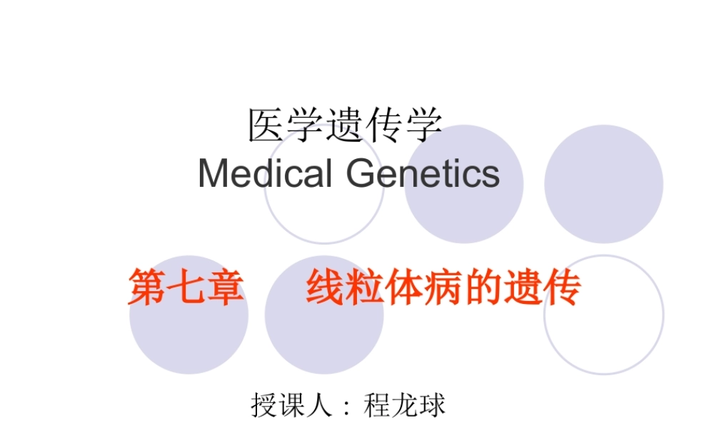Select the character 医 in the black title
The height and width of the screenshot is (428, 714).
tap(264, 126)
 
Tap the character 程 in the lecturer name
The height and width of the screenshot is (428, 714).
tap(377, 405)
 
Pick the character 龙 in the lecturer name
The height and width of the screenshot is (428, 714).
tap(405, 405)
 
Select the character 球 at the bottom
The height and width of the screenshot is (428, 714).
tap(432, 405)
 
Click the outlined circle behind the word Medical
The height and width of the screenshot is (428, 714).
tap(323, 207)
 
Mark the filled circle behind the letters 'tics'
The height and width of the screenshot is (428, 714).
tap(464, 214)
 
